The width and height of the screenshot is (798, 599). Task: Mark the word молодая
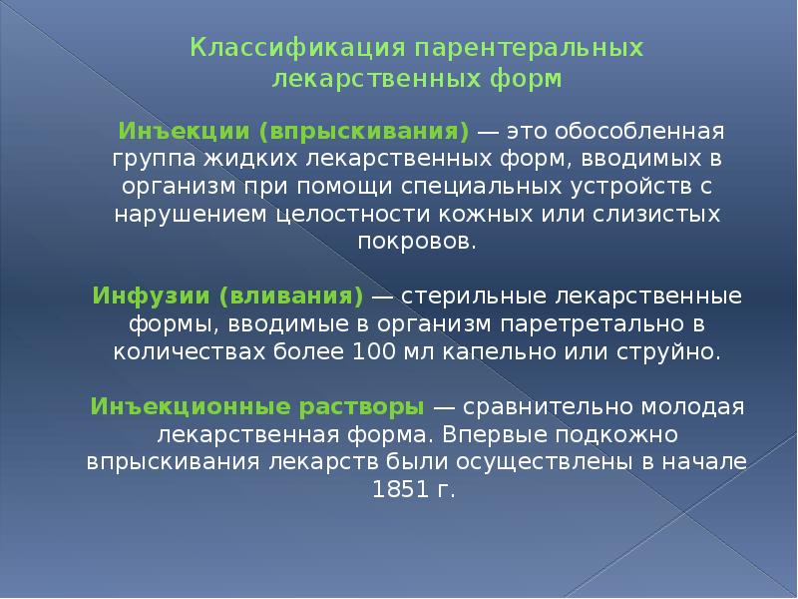click(693, 407)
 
